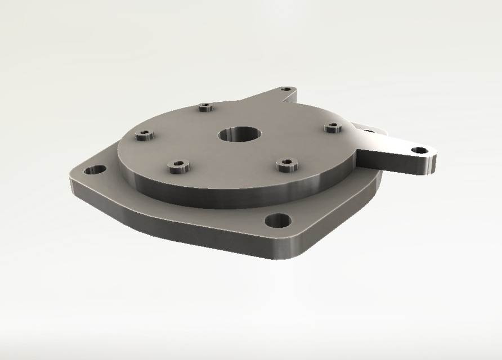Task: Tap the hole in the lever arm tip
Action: click(419, 150)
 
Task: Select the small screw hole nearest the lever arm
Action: click(333, 127)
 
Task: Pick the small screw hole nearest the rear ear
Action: click(206, 107)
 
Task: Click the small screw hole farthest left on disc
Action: click(145, 134)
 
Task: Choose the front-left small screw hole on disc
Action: click(179, 166)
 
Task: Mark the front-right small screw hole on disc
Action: click(286, 164)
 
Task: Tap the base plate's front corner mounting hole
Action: click(278, 220)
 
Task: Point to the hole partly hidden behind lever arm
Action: click(369, 131)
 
